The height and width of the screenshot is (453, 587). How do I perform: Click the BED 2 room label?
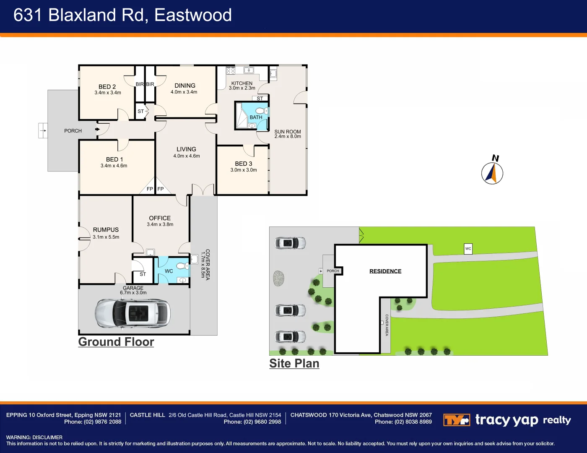(x=107, y=87)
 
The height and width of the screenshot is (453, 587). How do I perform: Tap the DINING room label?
(x=185, y=86)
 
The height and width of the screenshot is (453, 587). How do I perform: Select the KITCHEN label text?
(x=242, y=83)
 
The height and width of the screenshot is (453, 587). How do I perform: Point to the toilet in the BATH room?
(x=261, y=111)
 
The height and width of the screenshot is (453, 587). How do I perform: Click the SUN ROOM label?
(x=288, y=132)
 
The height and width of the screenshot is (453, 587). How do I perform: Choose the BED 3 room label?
(x=244, y=164)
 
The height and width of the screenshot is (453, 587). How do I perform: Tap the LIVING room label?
(x=186, y=149)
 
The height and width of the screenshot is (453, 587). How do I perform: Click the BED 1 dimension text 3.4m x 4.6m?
(x=114, y=166)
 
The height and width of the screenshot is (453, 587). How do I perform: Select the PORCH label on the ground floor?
(x=73, y=131)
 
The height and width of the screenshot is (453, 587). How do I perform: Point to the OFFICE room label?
(x=160, y=218)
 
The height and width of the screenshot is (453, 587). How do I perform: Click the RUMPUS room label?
(x=106, y=230)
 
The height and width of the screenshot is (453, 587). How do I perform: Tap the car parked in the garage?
(x=132, y=313)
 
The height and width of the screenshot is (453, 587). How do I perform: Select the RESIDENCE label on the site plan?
(x=385, y=271)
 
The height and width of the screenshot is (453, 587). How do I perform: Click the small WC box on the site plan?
(x=468, y=249)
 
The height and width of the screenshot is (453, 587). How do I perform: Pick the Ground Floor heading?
(x=116, y=342)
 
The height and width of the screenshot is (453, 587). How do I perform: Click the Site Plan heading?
(x=294, y=364)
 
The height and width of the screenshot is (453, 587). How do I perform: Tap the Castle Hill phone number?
(x=252, y=422)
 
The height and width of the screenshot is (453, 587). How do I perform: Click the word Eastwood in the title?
(x=193, y=15)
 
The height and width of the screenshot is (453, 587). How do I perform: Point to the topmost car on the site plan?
(x=290, y=243)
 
